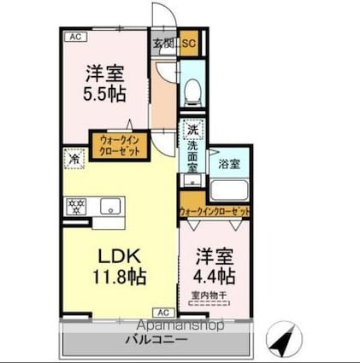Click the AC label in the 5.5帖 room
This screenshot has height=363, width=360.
pos(74,36)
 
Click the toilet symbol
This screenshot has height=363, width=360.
pos(192,88)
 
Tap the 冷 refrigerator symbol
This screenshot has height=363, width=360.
pos(75,159)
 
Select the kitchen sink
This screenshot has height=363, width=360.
pos(109,207)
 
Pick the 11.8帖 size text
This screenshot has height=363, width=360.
pos(120,276)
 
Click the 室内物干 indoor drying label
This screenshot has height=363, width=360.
pos(209,296)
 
